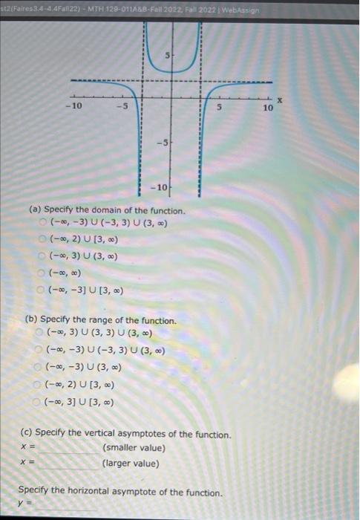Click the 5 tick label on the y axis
point(168,56)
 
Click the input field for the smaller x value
point(69,449)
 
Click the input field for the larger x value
point(69,464)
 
